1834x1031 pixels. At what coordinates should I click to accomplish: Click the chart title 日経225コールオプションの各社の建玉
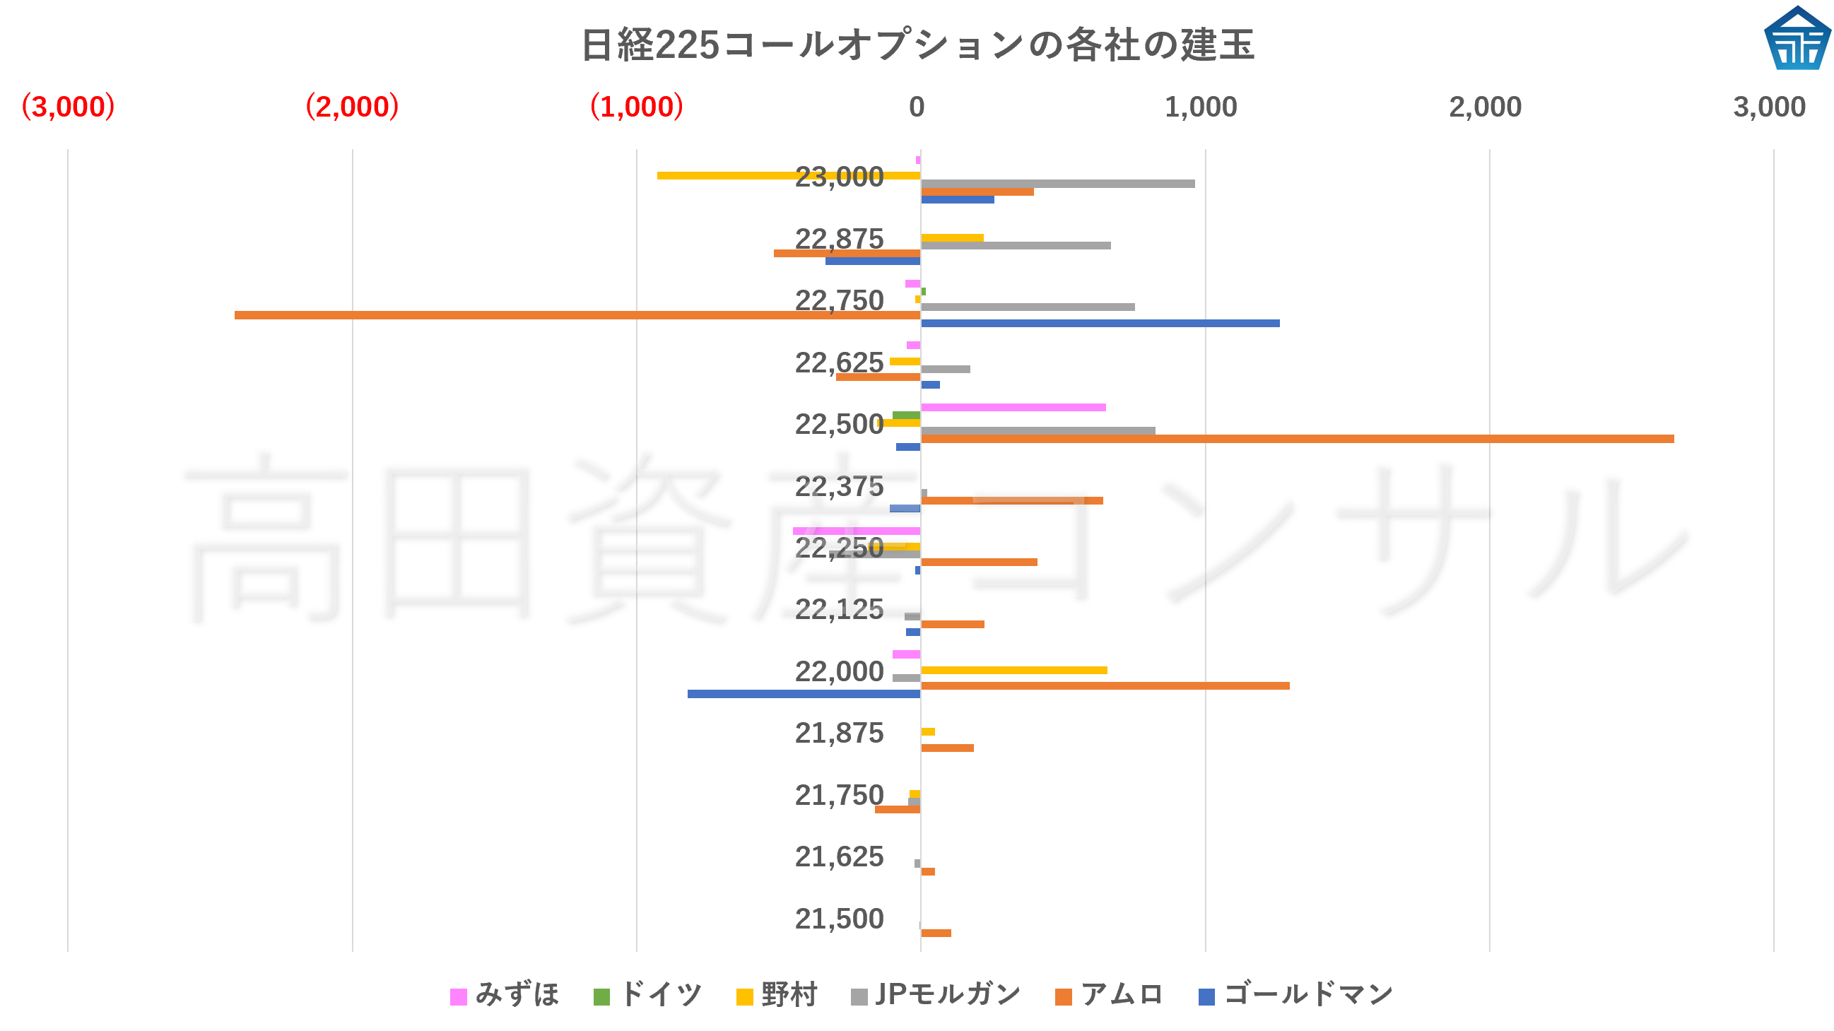point(917,45)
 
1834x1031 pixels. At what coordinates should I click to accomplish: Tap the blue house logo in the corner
point(1797,38)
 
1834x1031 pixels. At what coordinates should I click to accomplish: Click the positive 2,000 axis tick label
point(1485,107)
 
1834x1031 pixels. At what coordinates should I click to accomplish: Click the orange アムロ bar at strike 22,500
point(1295,440)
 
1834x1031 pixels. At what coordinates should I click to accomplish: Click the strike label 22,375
point(839,487)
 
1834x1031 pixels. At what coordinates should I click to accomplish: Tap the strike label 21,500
point(839,919)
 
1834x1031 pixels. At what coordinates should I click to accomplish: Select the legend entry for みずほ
point(505,995)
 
